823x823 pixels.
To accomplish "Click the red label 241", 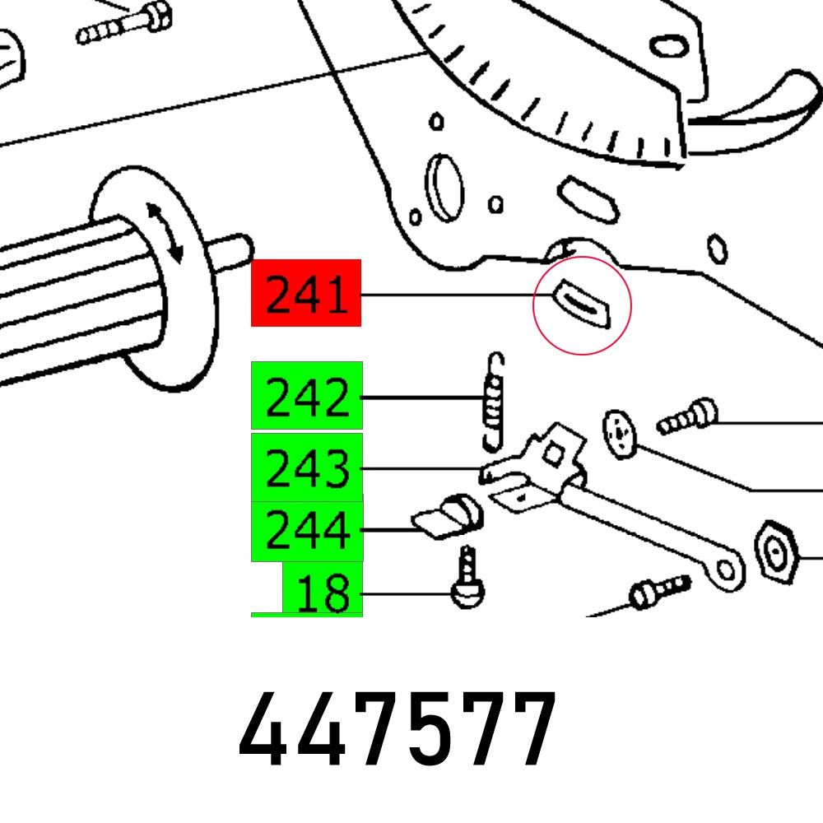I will pyautogui.click(x=306, y=293).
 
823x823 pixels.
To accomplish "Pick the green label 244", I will pyautogui.click(x=306, y=530).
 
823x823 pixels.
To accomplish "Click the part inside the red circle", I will pyautogui.click(x=583, y=304).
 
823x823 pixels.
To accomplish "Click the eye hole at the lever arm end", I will pyautogui.click(x=726, y=569).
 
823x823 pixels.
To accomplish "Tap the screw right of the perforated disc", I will pyautogui.click(x=686, y=416).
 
